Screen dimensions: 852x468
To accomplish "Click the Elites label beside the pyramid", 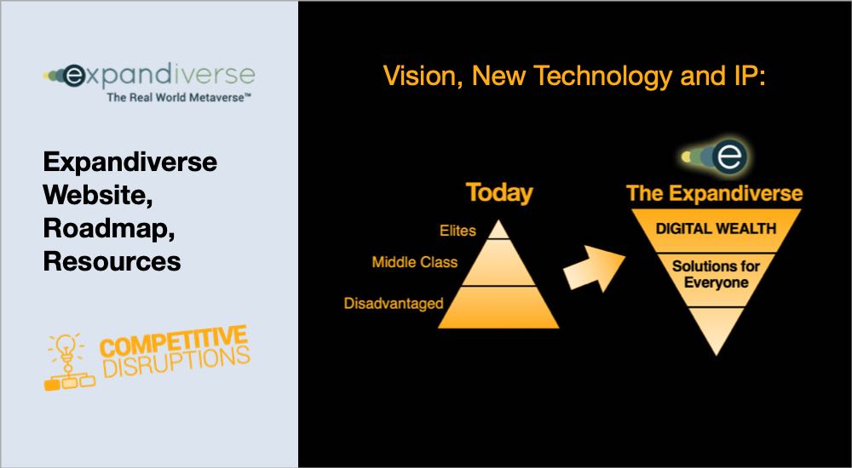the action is (458, 231).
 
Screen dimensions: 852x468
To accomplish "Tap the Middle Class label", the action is (415, 262).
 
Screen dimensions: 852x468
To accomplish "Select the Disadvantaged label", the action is (394, 303).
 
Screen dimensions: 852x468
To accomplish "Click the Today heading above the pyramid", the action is (498, 193).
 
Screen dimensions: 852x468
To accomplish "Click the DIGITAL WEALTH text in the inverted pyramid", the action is (716, 228).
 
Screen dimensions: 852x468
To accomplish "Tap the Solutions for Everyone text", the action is (716, 274).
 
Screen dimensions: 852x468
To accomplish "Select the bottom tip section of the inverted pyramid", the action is (716, 328).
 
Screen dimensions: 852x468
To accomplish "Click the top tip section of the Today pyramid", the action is (498, 231).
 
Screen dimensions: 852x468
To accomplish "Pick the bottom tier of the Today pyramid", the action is (498, 307).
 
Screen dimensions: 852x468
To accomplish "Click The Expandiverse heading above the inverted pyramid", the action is (715, 194).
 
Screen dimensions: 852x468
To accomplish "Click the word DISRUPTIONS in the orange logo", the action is (176, 362).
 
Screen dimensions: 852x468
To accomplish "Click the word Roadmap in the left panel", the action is (109, 229).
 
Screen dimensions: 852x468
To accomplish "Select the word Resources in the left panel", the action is (112, 262).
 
